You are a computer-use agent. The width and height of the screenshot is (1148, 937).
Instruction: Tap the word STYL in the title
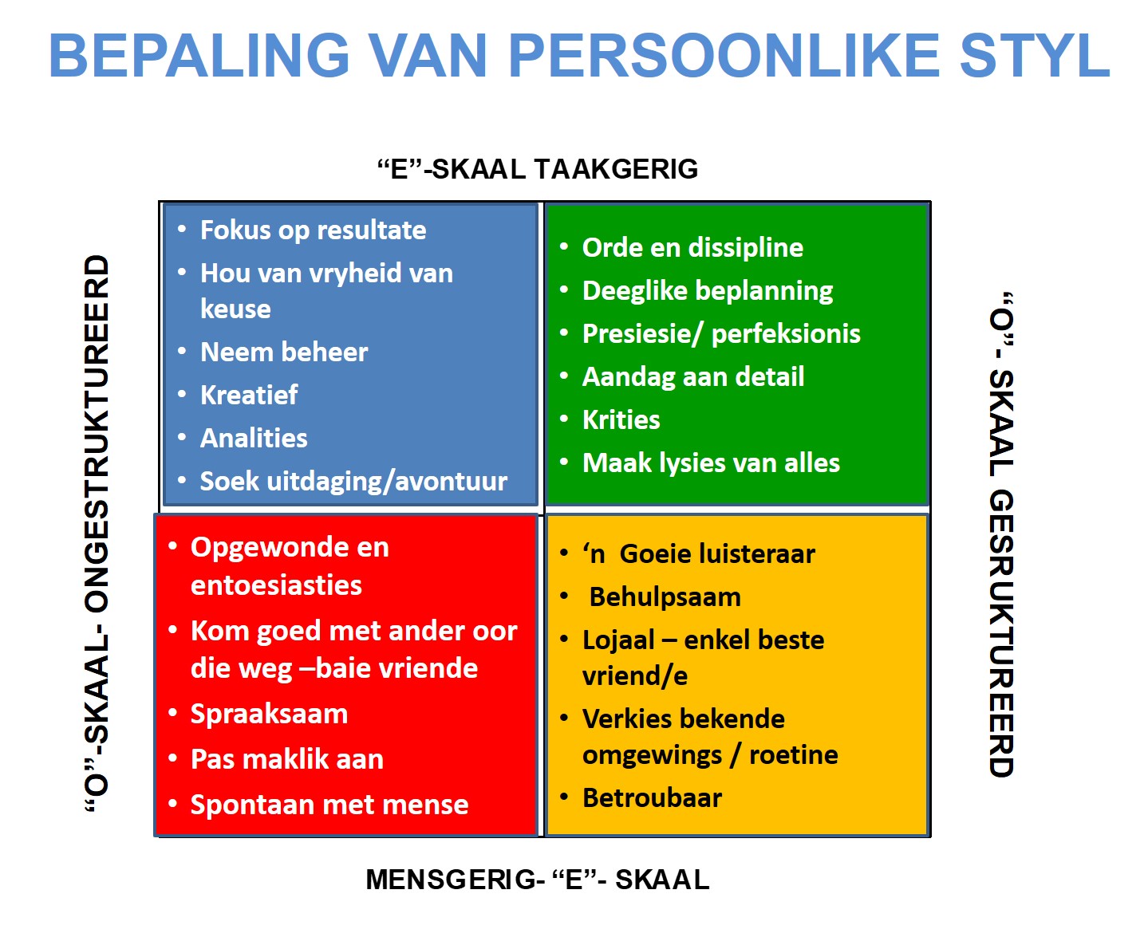point(1034,56)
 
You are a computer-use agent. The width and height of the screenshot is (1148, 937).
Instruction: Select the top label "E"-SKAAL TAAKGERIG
point(538,169)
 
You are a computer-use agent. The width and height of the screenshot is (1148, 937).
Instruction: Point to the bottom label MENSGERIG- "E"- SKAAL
point(538,880)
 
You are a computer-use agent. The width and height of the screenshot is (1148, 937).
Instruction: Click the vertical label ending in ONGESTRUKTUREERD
point(97,533)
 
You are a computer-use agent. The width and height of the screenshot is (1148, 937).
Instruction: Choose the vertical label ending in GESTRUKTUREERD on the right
point(1001,534)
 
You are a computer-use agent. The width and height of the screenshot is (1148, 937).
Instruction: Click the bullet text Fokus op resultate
point(313,230)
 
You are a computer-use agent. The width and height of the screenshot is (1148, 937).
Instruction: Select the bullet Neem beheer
point(284,352)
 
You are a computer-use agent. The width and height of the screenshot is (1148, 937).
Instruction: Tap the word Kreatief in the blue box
point(249,395)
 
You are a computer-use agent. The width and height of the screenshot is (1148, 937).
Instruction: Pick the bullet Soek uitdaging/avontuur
point(354,482)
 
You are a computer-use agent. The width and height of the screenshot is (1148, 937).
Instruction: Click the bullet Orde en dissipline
point(692,248)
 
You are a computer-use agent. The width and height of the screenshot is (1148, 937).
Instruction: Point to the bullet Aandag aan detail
point(693,376)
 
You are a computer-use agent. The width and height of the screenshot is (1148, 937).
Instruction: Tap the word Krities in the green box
point(621,419)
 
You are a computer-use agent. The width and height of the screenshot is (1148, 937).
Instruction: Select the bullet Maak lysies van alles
point(711,463)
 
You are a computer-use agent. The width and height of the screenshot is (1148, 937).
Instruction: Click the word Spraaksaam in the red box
point(269,714)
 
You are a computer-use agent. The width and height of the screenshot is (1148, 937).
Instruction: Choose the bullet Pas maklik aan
point(287,759)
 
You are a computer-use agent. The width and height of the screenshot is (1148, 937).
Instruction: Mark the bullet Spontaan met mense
point(329,805)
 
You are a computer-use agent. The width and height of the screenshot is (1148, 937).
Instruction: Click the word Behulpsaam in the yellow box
point(665,597)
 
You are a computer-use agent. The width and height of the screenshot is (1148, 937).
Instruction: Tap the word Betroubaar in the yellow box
point(652,798)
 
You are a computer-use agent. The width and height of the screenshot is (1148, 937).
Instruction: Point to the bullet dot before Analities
point(182,437)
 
